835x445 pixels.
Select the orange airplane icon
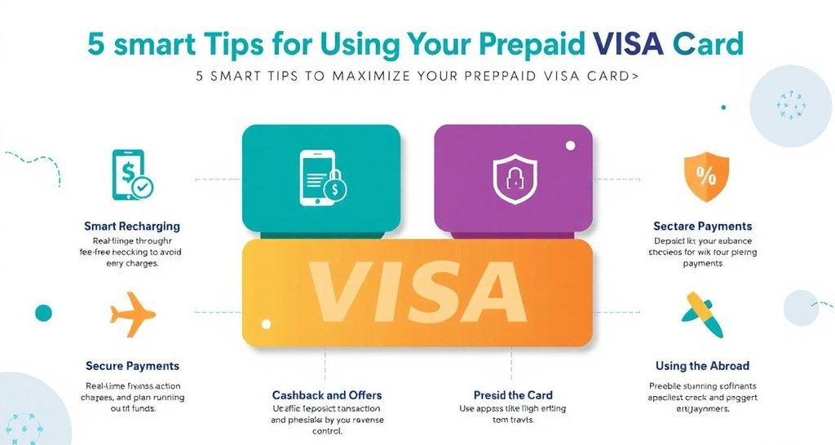pos(132,315)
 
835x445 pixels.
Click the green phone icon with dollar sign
pos(130,174)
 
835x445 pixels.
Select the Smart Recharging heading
pos(132,226)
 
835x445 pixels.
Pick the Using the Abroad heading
pos(702,366)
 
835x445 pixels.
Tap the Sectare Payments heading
pos(702,226)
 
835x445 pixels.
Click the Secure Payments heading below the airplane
pos(132,366)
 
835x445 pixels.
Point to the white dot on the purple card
pos(570,146)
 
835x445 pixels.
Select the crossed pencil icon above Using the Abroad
pos(701,315)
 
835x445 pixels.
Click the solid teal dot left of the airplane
pos(43,313)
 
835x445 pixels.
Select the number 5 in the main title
pos(96,43)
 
